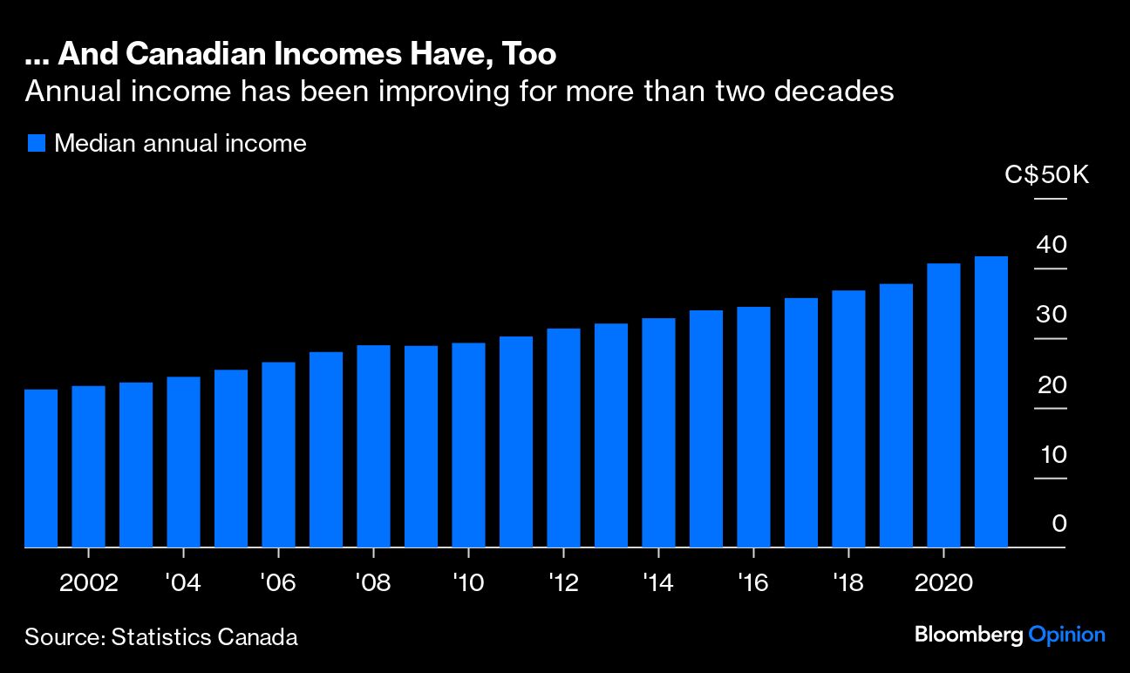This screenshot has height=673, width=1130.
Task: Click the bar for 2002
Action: pyautogui.click(x=88, y=466)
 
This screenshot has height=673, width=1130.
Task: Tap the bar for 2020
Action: pyautogui.click(x=943, y=405)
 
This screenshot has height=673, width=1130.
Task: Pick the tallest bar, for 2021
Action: pyautogui.click(x=990, y=402)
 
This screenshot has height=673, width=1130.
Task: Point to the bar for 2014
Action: pyautogui.click(x=658, y=432)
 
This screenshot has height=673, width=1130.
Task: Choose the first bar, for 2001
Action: pyautogui.click(x=41, y=468)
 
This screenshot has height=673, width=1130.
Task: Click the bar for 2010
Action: pyautogui.click(x=468, y=445)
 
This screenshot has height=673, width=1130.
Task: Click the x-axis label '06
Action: pyautogui.click(x=277, y=582)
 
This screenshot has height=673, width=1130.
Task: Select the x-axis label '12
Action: pyautogui.click(x=563, y=582)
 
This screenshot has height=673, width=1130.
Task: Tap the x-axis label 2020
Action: pyautogui.click(x=943, y=582)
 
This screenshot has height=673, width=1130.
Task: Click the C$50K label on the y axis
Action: pyautogui.click(x=1047, y=175)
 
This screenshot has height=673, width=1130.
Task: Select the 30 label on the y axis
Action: pyautogui.click(x=1052, y=315)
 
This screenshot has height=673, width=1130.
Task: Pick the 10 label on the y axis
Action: pyautogui.click(x=1052, y=454)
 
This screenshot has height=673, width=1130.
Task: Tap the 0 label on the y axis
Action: pyautogui.click(x=1059, y=524)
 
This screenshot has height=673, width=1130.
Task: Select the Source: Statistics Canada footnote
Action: pyautogui.click(x=161, y=637)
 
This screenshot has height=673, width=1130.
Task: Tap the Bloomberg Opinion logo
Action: pyautogui.click(x=1010, y=635)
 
